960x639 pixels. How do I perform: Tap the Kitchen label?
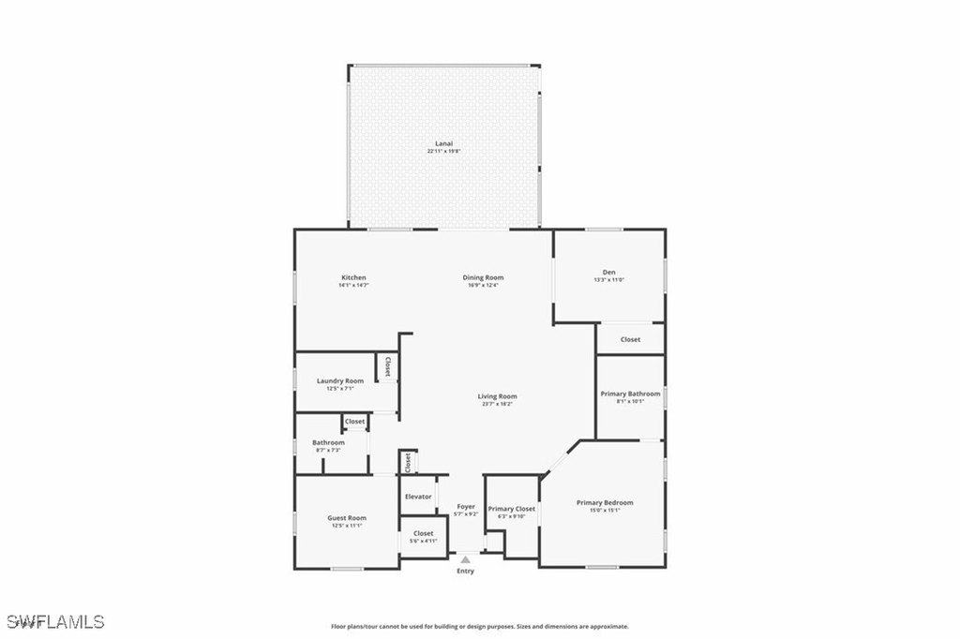[353, 277]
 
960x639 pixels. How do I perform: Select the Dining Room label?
[484, 277]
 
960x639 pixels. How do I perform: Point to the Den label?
[608, 273]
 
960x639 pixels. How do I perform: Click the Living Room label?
[499, 396]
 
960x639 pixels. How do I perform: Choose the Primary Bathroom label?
[630, 394]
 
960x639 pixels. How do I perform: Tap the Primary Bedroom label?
[604, 503]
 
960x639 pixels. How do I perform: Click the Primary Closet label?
[511, 509]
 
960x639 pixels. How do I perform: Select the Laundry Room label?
[339, 380]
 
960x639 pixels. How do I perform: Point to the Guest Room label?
[346, 517]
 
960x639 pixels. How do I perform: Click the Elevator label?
[418, 497]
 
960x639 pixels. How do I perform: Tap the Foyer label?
[466, 507]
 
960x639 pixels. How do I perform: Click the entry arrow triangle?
[466, 559]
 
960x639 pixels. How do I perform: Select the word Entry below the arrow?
[466, 571]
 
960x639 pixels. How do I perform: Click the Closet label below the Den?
[631, 339]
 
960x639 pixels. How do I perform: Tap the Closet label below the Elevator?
[423, 533]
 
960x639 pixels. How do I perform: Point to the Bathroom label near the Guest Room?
[328, 442]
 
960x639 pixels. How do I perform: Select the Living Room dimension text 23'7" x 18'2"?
[499, 404]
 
